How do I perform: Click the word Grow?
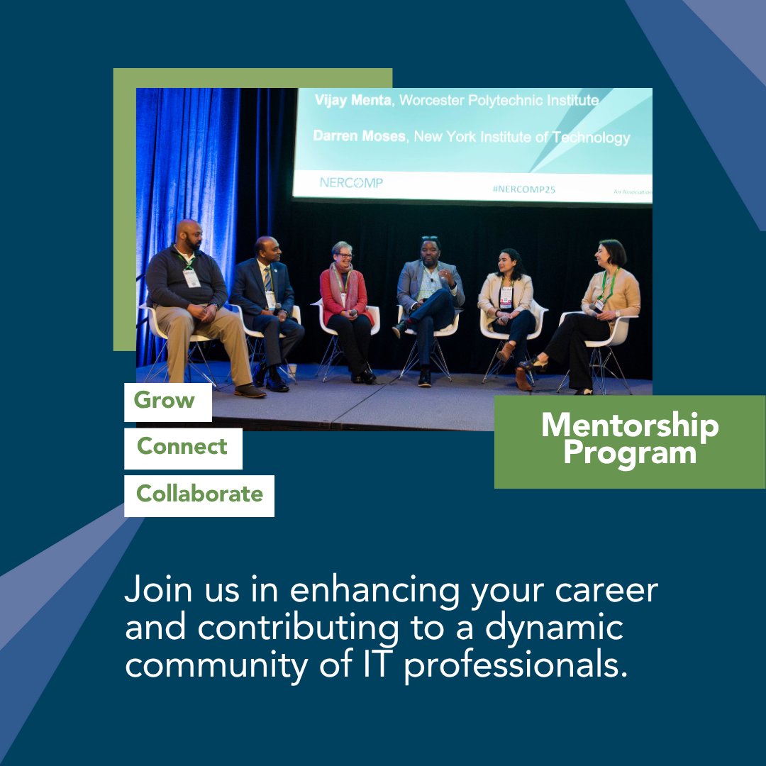click(x=164, y=401)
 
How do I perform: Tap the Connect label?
click(x=182, y=447)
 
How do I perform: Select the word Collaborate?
click(x=199, y=494)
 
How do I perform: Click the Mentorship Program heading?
click(x=630, y=440)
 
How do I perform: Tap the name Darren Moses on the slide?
click(x=360, y=136)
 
